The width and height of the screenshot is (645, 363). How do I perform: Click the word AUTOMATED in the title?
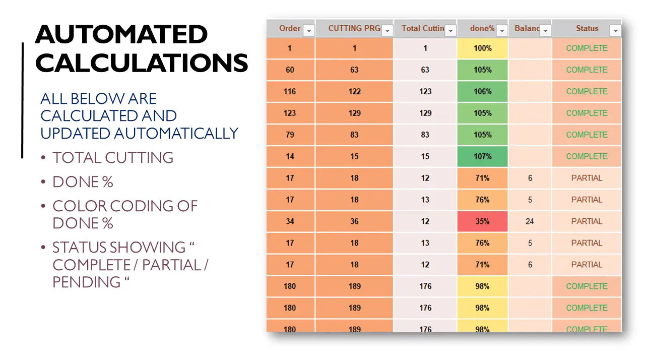pyautogui.click(x=121, y=35)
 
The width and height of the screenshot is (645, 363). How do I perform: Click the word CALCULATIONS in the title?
pyautogui.click(x=142, y=64)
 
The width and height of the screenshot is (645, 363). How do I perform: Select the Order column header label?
pyautogui.click(x=290, y=28)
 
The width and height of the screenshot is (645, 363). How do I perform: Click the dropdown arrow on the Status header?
pyautogui.click(x=615, y=31)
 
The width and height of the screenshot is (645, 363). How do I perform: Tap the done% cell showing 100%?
pyautogui.click(x=482, y=48)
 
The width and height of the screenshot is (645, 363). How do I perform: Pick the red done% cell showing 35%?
pyautogui.click(x=482, y=221)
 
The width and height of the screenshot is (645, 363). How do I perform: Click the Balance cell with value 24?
pyautogui.click(x=530, y=221)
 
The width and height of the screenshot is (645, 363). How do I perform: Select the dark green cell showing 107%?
pyautogui.click(x=482, y=156)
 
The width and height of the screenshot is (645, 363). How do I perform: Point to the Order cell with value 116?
pyautogui.click(x=290, y=92)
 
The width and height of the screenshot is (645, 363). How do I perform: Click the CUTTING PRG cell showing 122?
pyautogui.click(x=354, y=92)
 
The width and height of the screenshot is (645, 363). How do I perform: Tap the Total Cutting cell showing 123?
pyautogui.click(x=425, y=92)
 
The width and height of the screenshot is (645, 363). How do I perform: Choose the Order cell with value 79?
pyautogui.click(x=290, y=135)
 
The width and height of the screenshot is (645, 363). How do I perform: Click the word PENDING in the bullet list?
pyautogui.click(x=83, y=282)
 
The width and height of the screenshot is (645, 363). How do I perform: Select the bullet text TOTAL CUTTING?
pyautogui.click(x=113, y=158)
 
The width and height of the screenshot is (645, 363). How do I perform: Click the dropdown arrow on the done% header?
pyautogui.click(x=502, y=31)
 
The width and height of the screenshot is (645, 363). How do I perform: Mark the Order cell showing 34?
pyautogui.click(x=290, y=221)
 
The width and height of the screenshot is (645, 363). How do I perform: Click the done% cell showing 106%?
pyautogui.click(x=482, y=92)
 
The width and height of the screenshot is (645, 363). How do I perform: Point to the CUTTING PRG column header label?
pyautogui.click(x=354, y=28)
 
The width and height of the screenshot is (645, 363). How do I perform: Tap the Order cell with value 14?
pyautogui.click(x=290, y=156)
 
